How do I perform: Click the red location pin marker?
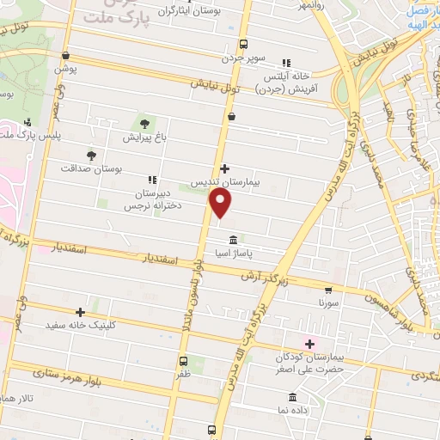222,203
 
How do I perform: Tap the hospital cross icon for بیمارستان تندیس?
225,168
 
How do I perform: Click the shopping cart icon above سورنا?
328,290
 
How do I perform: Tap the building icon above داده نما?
292,398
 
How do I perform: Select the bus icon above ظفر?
184,361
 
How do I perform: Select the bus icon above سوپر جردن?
243,44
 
